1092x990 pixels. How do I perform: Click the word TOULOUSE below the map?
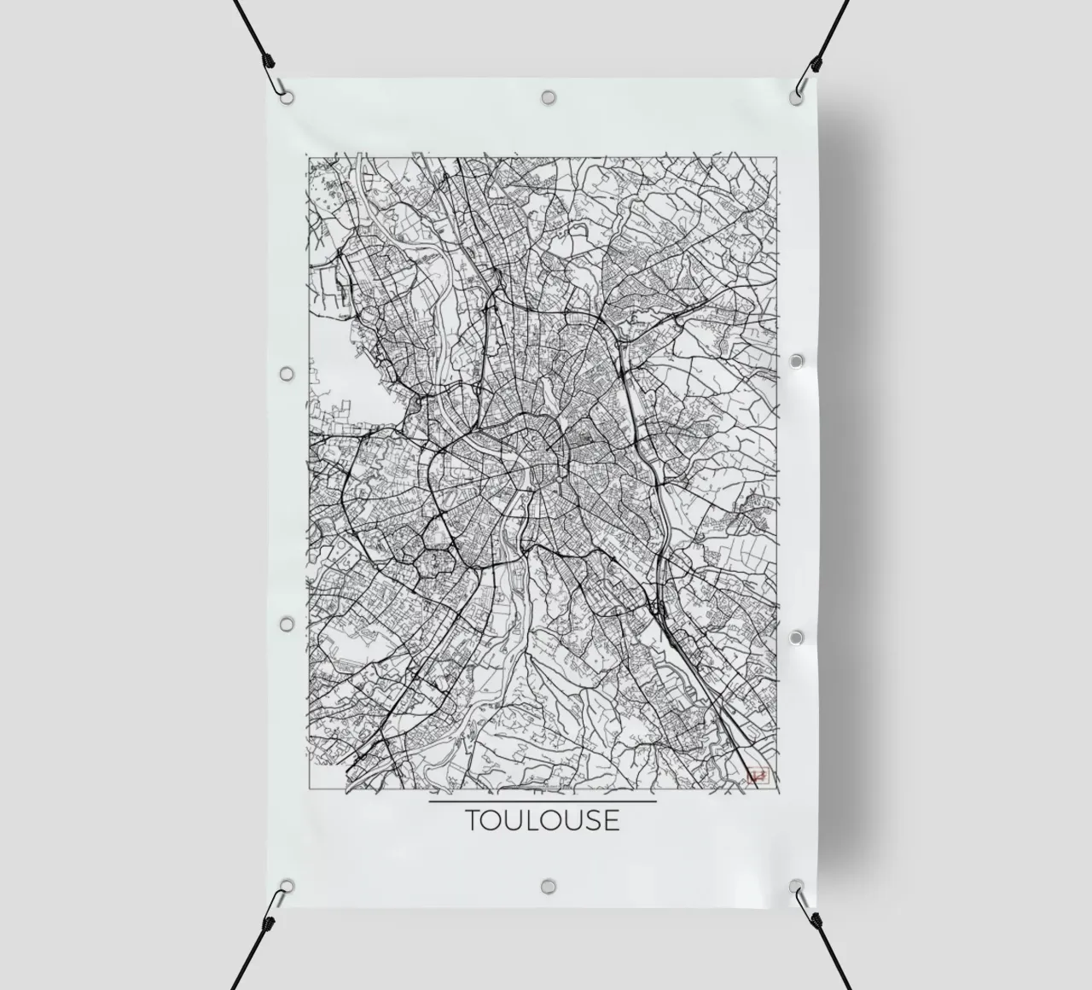542,820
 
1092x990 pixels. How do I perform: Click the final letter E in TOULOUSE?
610,820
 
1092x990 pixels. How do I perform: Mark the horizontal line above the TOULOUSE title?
542,801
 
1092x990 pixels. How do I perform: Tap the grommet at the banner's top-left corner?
287,96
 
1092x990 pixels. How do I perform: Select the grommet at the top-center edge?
548,96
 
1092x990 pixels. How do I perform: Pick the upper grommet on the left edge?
287,374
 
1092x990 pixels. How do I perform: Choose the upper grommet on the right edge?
797,362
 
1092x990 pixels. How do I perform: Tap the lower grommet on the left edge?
287,625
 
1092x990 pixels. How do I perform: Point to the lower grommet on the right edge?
797,638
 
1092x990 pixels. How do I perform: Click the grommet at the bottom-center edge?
548,885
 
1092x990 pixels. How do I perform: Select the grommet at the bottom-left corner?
287,886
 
